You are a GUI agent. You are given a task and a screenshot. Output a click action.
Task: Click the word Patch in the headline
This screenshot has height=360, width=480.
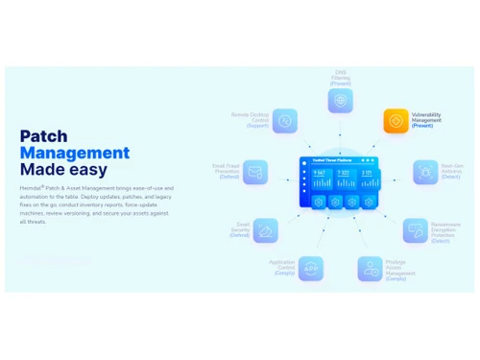(44, 136)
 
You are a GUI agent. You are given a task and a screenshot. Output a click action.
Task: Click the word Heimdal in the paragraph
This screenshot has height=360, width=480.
(33, 188)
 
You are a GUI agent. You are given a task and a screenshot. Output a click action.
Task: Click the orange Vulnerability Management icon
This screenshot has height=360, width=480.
(396, 121)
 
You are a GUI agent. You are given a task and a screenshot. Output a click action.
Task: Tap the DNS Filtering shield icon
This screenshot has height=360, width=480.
(341, 100)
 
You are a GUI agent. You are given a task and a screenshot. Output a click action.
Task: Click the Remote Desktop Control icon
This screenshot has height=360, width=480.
(285, 120)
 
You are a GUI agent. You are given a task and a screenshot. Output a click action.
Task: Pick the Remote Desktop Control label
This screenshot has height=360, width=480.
(251, 119)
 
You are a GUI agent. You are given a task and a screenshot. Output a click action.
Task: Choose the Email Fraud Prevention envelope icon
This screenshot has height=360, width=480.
(255, 173)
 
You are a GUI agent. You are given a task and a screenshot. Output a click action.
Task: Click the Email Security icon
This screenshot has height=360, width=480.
(266, 229)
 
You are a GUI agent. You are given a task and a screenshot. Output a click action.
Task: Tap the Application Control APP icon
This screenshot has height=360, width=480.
(309, 267)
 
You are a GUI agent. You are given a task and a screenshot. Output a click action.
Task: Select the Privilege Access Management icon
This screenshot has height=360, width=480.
(371, 268)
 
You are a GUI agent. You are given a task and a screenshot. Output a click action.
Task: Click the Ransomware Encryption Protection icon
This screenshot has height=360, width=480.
(416, 230)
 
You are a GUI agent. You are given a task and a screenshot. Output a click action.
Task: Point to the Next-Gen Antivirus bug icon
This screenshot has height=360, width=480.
(424, 172)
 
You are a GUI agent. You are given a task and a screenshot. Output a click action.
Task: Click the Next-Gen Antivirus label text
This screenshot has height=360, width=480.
(452, 172)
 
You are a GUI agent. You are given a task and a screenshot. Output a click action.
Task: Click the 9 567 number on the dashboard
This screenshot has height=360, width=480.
(320, 173)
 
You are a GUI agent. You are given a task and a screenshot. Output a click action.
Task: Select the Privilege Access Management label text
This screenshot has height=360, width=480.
(401, 271)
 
